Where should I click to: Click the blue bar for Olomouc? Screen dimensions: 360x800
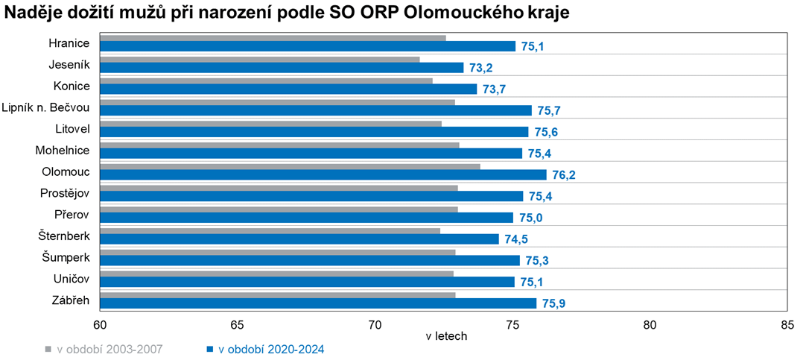click(323, 174)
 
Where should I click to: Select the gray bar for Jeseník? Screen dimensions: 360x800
click(259, 59)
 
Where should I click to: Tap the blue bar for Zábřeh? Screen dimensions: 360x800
click(317, 303)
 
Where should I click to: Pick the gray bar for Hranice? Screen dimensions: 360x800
click(273, 37)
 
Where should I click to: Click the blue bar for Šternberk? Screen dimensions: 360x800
click(299, 239)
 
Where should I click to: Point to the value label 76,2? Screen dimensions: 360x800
click(562, 175)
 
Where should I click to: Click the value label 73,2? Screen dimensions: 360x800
click(480, 68)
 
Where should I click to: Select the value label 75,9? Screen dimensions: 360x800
click(553, 304)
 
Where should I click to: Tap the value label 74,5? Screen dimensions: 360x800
click(515, 239)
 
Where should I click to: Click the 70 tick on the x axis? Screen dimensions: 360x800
click(375, 325)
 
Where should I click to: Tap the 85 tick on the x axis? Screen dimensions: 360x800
click(787, 325)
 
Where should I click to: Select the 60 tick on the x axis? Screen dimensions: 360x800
click(100, 325)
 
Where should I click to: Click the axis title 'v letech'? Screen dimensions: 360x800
click(446, 336)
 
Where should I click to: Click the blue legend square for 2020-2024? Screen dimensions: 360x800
click(211, 349)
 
